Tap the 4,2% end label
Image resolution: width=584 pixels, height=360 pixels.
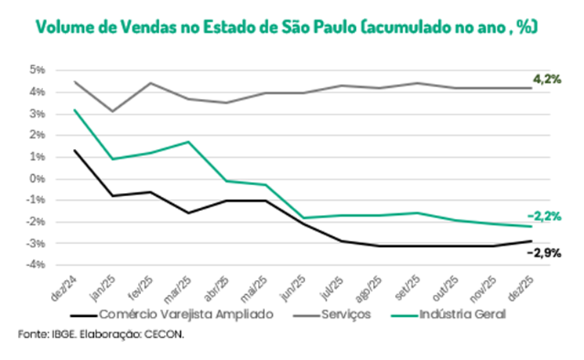click(x=546, y=79)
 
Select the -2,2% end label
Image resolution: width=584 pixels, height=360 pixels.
click(x=544, y=216)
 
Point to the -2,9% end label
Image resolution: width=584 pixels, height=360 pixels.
click(x=544, y=252)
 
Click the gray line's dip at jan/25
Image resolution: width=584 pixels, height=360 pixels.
click(x=113, y=111)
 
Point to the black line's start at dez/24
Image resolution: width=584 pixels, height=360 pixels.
click(x=74, y=151)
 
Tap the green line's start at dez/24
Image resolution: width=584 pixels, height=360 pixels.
click(x=74, y=110)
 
